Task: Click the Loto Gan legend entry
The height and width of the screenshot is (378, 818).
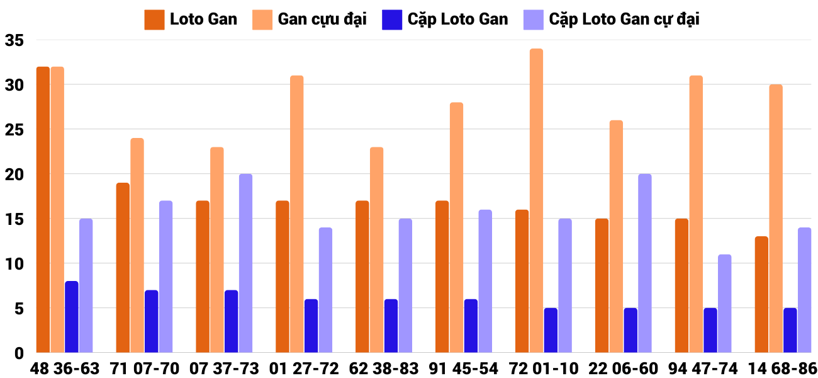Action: (191, 19)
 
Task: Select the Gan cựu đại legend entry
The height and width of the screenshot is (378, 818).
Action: (310, 19)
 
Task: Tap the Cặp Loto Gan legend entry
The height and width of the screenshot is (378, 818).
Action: (445, 19)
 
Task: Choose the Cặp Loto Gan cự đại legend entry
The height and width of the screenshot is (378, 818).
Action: (611, 19)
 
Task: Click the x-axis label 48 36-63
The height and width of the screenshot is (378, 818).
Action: (65, 369)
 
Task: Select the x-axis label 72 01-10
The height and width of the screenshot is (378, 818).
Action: (544, 369)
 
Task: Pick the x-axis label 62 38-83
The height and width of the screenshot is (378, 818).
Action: (384, 369)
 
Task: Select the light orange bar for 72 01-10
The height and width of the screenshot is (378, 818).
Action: (536, 201)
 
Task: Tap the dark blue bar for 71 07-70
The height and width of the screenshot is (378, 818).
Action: (151, 321)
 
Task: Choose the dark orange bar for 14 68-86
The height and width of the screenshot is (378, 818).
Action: (761, 294)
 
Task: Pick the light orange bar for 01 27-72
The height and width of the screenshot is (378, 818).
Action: (296, 214)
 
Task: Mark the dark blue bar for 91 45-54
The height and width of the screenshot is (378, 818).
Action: (471, 326)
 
